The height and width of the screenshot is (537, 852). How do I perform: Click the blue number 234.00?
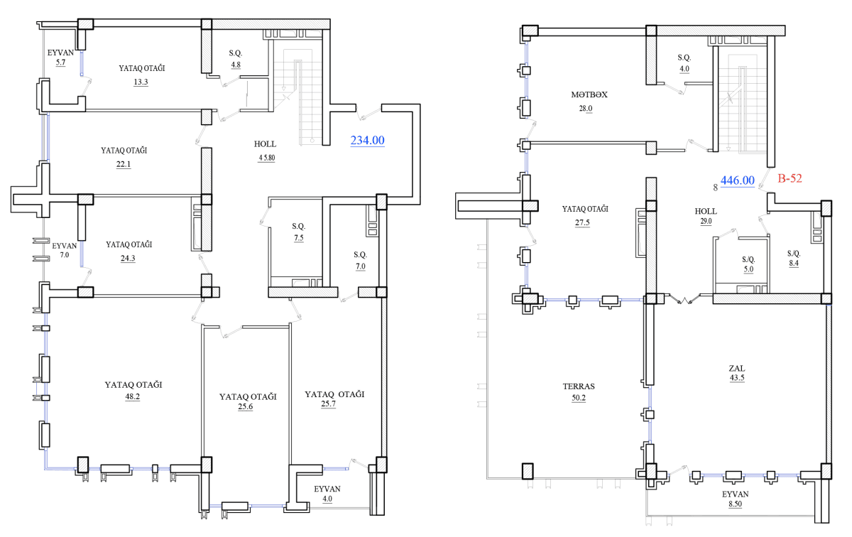(368, 141)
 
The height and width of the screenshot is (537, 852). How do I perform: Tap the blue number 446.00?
(738, 180)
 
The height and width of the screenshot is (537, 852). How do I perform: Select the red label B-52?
(790, 178)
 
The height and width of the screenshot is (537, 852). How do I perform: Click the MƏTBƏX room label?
(589, 94)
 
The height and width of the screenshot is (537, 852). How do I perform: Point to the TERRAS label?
(579, 386)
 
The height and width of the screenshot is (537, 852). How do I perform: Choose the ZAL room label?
(737, 368)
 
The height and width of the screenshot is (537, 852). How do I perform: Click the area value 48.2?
(132, 396)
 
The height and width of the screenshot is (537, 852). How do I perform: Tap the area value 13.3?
(141, 82)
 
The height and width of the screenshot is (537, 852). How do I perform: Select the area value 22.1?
(124, 164)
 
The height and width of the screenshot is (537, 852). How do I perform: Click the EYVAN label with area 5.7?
(60, 53)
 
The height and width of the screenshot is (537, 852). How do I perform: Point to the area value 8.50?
(736, 504)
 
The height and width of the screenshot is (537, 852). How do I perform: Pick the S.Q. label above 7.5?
(299, 226)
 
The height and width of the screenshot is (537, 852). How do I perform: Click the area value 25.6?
(246, 406)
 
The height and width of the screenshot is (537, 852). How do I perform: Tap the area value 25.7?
(328, 403)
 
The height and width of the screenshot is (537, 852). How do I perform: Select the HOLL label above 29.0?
(706, 211)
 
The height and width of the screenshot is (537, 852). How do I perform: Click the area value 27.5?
(582, 222)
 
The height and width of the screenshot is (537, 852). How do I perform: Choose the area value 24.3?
(128, 259)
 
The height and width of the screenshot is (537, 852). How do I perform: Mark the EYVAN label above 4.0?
(327, 489)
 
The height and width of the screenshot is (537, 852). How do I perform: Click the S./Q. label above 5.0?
(748, 259)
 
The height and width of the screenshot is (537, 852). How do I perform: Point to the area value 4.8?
(236, 65)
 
